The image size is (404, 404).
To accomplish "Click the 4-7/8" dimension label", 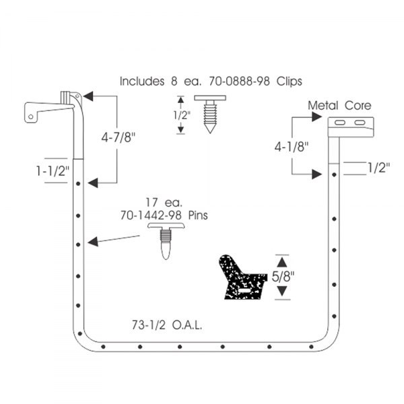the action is click(118, 137).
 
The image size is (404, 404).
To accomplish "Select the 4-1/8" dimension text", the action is click(291, 147).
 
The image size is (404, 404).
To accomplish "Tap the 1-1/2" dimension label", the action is click(53, 170).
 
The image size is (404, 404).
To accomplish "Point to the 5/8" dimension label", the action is click(283, 277).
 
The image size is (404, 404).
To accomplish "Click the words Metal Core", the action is click(339, 106).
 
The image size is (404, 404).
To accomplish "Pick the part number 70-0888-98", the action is click(239, 81).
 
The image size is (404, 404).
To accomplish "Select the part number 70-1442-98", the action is click(151, 215).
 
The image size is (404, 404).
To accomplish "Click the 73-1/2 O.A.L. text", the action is click(167, 325).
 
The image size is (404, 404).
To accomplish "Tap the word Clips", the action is click(289, 81).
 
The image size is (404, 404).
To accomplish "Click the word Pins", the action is click(198, 215).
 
